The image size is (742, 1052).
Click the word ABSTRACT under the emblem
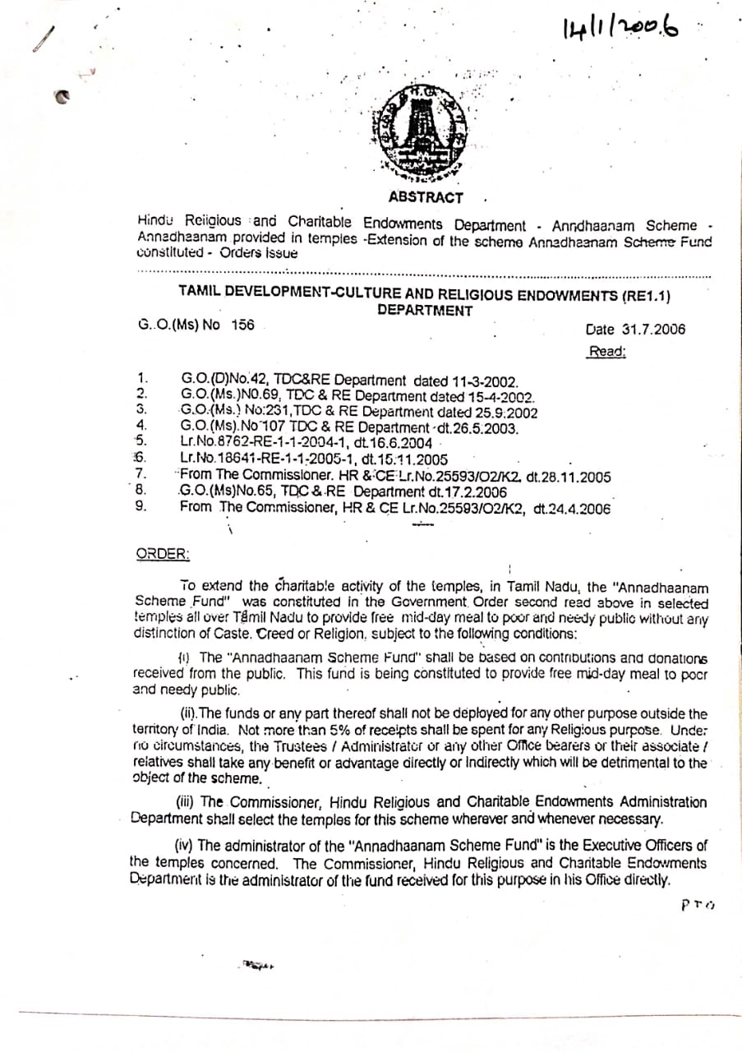click(x=426, y=197)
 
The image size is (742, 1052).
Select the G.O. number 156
click(x=242, y=325)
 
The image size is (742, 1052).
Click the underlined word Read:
click(x=607, y=352)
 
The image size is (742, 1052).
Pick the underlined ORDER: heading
click(x=162, y=554)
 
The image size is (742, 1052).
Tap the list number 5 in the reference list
click(x=141, y=441)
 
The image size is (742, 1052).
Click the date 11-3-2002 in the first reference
click(x=485, y=381)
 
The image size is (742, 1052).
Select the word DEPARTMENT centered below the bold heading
click(x=425, y=311)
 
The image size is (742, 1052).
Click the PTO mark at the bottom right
click(x=698, y=905)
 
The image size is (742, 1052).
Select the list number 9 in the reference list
click(x=141, y=506)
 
